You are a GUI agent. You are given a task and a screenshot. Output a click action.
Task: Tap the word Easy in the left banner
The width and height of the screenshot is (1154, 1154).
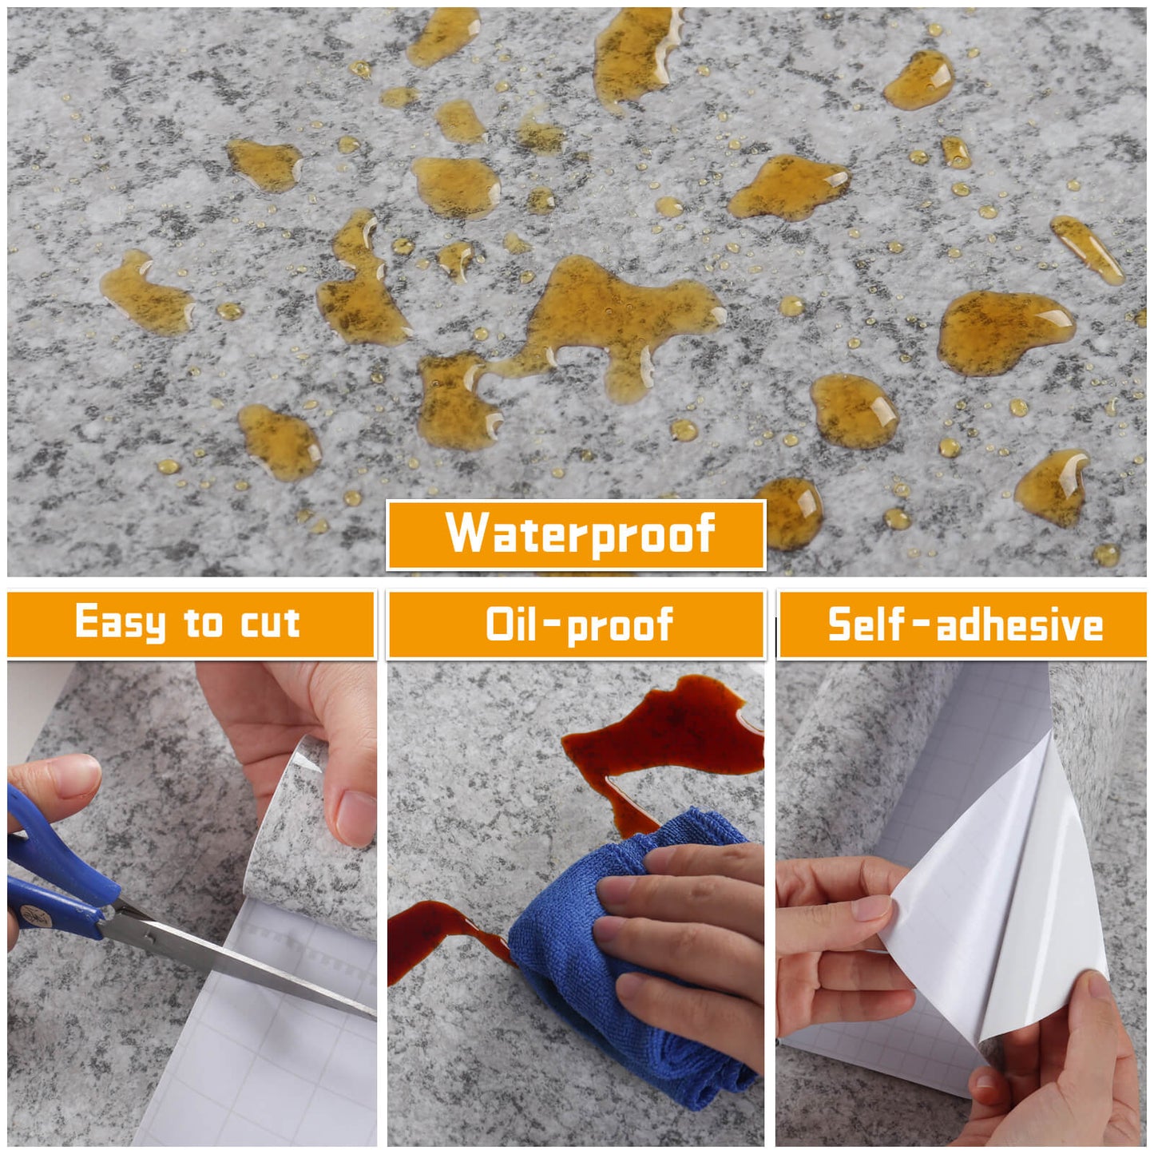click(x=120, y=623)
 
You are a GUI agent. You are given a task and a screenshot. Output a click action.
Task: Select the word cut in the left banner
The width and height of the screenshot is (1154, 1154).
click(x=270, y=623)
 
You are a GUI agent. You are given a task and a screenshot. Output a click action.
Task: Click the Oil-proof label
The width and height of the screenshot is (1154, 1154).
click(x=578, y=625)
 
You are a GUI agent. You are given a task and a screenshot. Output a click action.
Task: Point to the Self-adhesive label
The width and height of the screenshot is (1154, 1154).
click(x=965, y=625)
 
